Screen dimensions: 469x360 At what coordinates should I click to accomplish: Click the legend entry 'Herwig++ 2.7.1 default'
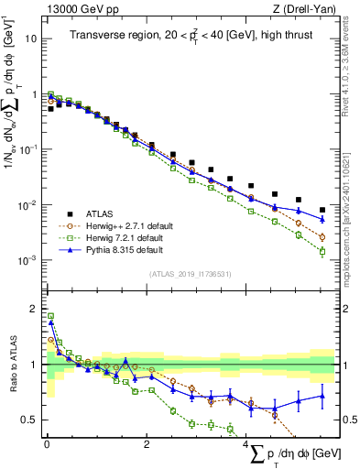[x=123, y=223]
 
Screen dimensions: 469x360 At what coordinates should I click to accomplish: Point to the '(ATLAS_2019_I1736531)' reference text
[x=191, y=274]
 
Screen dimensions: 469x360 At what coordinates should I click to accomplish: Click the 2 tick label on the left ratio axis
[x=33, y=309]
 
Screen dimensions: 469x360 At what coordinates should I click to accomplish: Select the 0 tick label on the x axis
[x=46, y=445]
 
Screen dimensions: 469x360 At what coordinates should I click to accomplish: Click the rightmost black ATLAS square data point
[x=322, y=210]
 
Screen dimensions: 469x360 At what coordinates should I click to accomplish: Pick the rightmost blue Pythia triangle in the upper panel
[x=322, y=219]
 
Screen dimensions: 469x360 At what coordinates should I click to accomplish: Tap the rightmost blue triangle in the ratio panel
[x=322, y=396]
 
